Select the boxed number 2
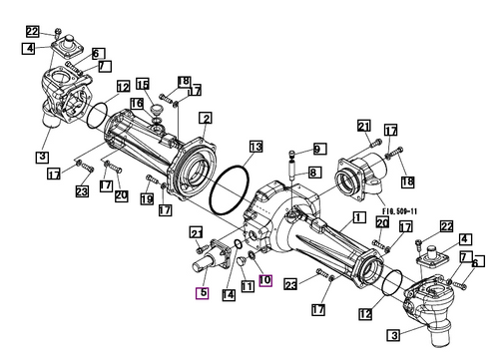pos(205,118)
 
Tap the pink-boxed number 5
pos(203,293)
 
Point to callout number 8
pos(312,173)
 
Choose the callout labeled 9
pos(318,149)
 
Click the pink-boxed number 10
pos(264,280)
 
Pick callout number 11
pos(247,286)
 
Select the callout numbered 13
pos(255,147)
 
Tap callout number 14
pos(230,293)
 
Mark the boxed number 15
pos(143,84)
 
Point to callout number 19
pos(147,199)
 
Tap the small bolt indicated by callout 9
pos(292,155)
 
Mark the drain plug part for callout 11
pos(243,261)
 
